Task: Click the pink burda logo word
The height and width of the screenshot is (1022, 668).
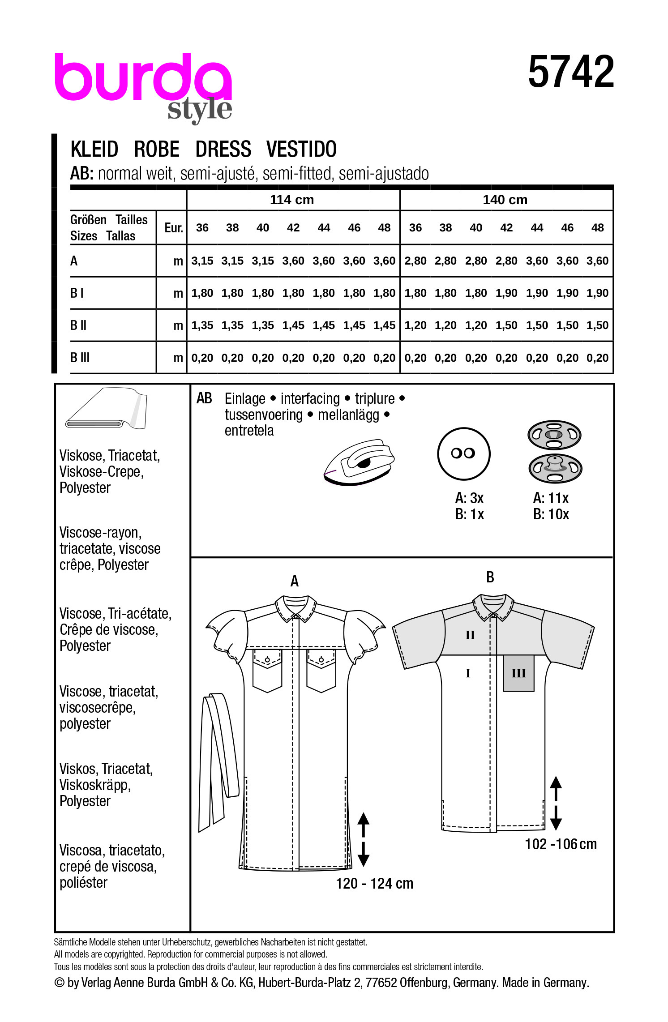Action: (142, 78)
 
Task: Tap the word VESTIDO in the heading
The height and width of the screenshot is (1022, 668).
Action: (301, 149)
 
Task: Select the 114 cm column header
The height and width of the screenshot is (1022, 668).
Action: (292, 200)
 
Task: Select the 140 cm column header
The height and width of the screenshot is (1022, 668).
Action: (505, 200)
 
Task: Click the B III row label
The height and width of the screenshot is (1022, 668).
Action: (80, 358)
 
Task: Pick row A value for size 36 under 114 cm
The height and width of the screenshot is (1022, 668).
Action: (202, 261)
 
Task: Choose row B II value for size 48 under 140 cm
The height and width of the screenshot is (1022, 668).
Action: (597, 325)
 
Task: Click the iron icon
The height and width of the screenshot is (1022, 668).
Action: (360, 462)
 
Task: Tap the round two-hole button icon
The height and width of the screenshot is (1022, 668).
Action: (463, 453)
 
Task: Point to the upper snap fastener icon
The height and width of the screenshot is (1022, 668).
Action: (554, 434)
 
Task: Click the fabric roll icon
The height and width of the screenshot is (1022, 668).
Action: (107, 409)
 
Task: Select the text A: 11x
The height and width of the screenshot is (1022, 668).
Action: (551, 498)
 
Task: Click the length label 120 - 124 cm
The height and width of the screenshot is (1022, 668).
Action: (374, 883)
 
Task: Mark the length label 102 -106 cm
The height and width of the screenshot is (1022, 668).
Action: (561, 844)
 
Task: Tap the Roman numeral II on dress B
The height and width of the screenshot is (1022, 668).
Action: (470, 635)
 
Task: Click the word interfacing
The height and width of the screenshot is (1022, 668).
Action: (310, 398)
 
